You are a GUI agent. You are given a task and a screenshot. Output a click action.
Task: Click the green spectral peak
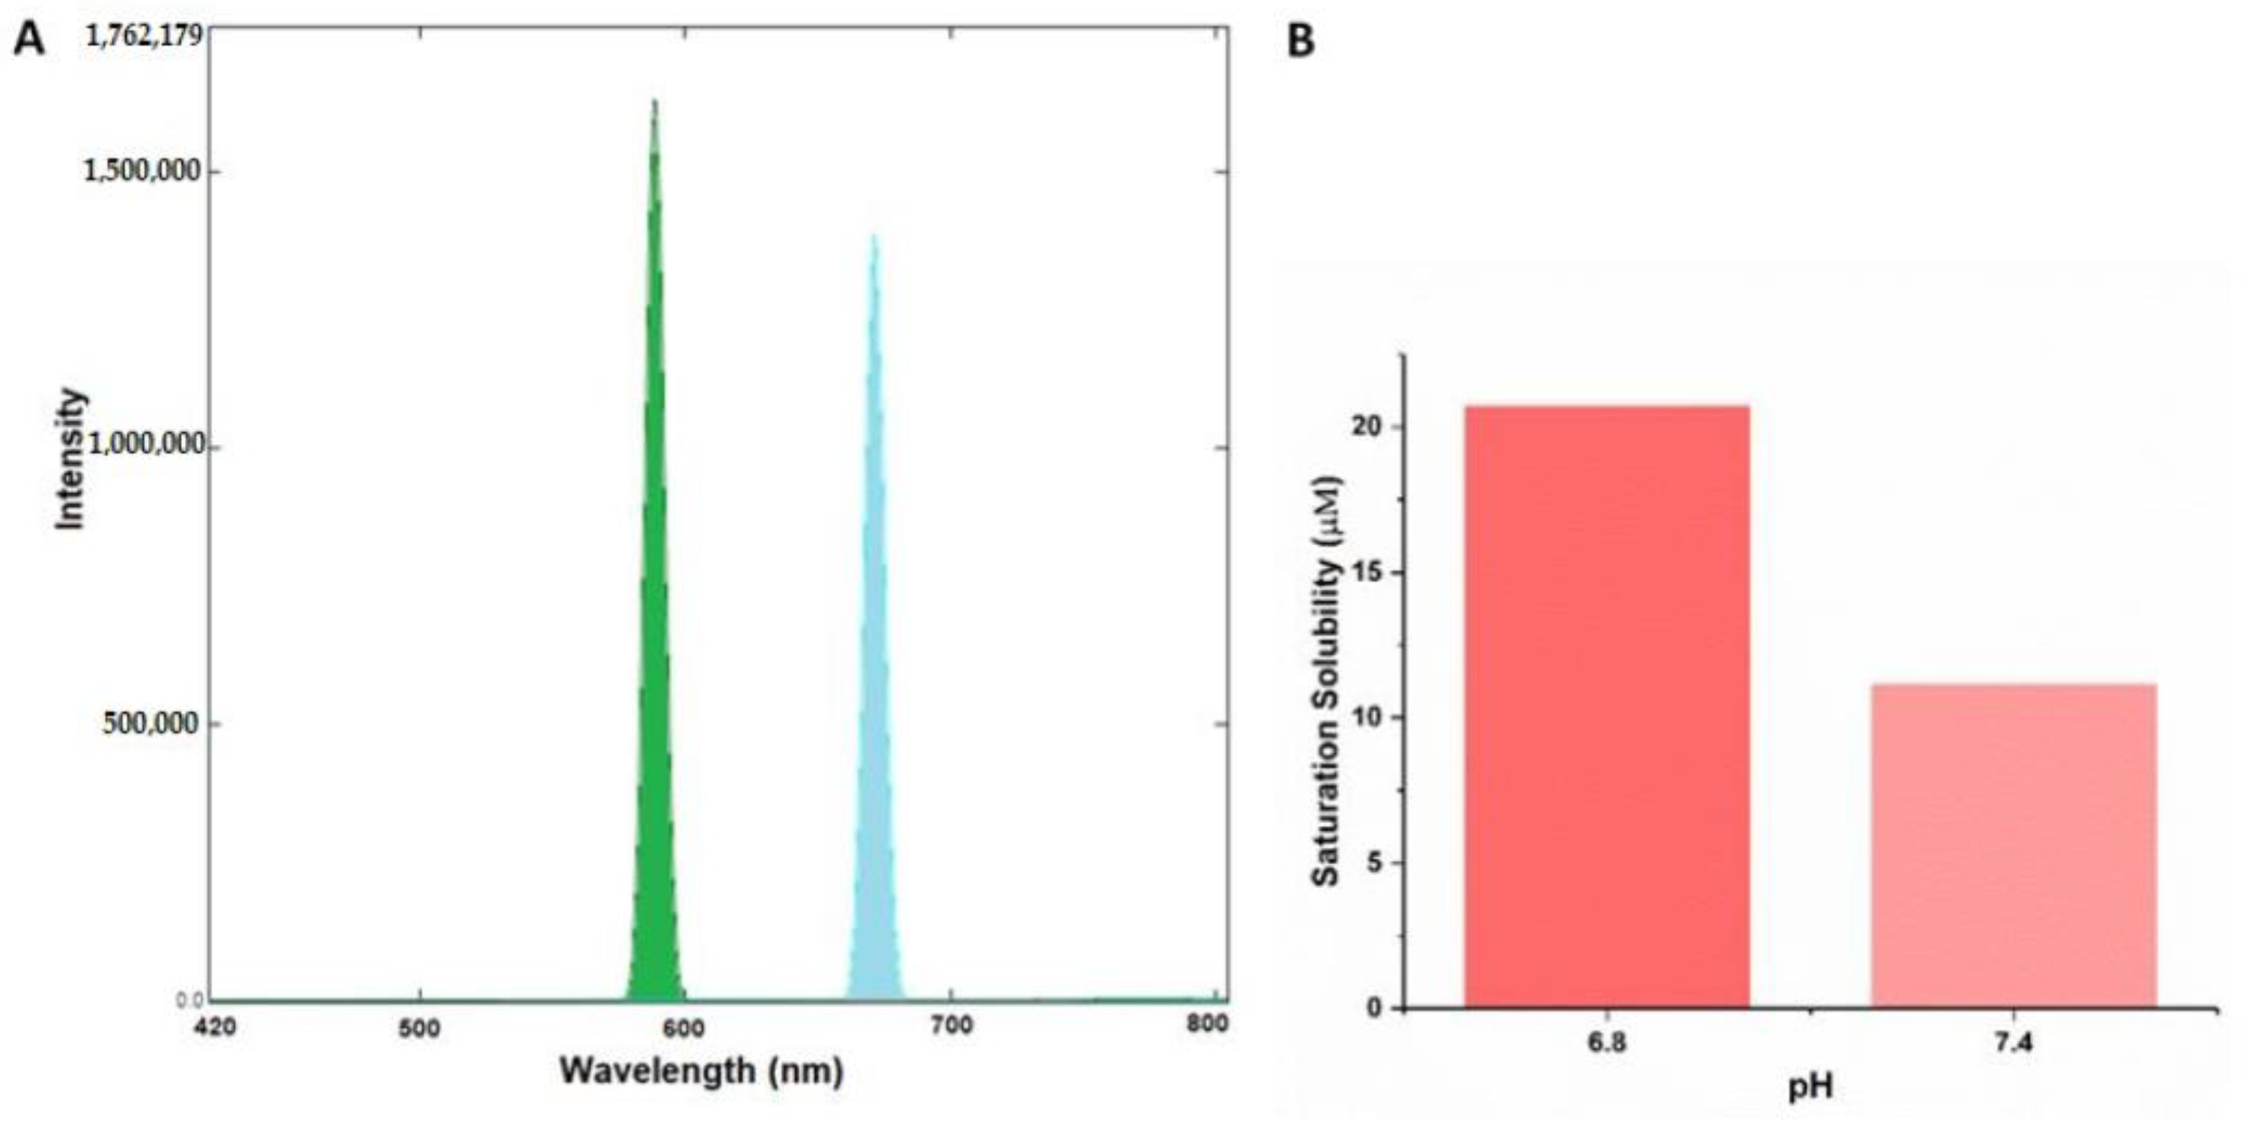click(x=654, y=610)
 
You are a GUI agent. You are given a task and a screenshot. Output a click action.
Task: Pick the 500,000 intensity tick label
click(x=149, y=722)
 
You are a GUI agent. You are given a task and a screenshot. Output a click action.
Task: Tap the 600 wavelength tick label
click(x=684, y=1028)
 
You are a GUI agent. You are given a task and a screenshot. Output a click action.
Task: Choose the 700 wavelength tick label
click(x=950, y=1026)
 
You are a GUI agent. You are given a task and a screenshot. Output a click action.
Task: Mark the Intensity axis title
click(x=69, y=459)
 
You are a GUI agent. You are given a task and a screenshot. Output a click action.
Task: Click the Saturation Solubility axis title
click(x=1326, y=682)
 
